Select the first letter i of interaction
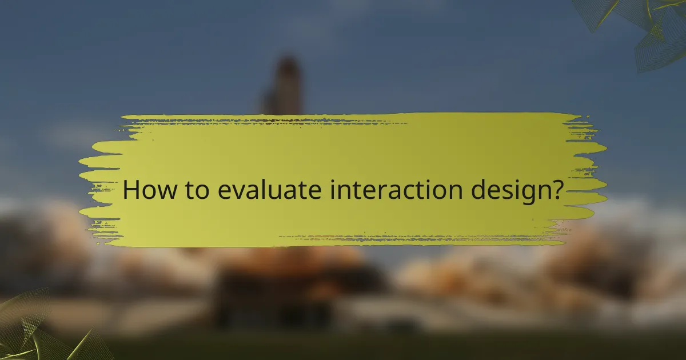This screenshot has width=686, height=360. [x=332, y=189]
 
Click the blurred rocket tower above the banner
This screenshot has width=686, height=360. [x=284, y=86]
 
